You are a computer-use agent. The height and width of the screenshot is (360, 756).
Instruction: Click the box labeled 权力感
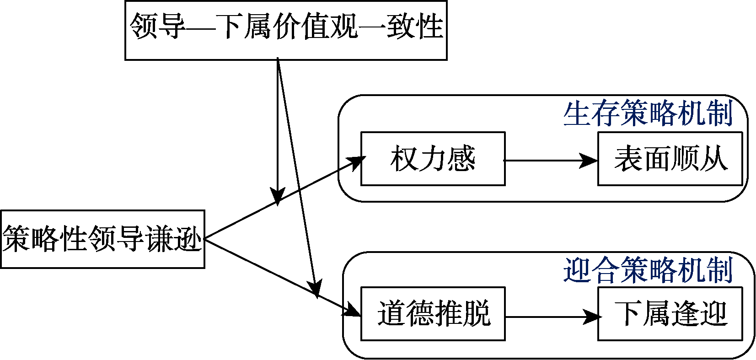[x=433, y=159]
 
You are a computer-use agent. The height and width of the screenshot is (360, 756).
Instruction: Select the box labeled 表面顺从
[x=670, y=159]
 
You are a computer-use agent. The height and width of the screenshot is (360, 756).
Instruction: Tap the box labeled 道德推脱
[x=433, y=314]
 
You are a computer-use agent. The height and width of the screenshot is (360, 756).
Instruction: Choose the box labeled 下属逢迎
[x=670, y=314]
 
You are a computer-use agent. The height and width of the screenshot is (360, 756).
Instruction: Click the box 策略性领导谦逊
[x=102, y=239]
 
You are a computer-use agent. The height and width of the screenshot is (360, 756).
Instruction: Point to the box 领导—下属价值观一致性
[x=286, y=30]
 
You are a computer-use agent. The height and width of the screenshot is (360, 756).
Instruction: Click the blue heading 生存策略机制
[x=648, y=113]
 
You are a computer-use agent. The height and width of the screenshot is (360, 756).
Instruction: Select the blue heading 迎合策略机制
[x=648, y=270]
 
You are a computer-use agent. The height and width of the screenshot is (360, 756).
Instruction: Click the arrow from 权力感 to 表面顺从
[x=549, y=161]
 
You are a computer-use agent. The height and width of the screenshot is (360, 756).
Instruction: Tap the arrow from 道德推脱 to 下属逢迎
[x=549, y=317]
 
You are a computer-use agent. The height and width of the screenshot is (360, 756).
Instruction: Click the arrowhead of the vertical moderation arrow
[x=278, y=195]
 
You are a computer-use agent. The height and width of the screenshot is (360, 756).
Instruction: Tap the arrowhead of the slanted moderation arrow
[x=315, y=289]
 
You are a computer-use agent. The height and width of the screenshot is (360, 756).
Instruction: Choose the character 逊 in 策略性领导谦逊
[x=188, y=239]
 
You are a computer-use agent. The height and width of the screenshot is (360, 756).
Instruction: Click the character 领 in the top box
[x=144, y=26]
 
